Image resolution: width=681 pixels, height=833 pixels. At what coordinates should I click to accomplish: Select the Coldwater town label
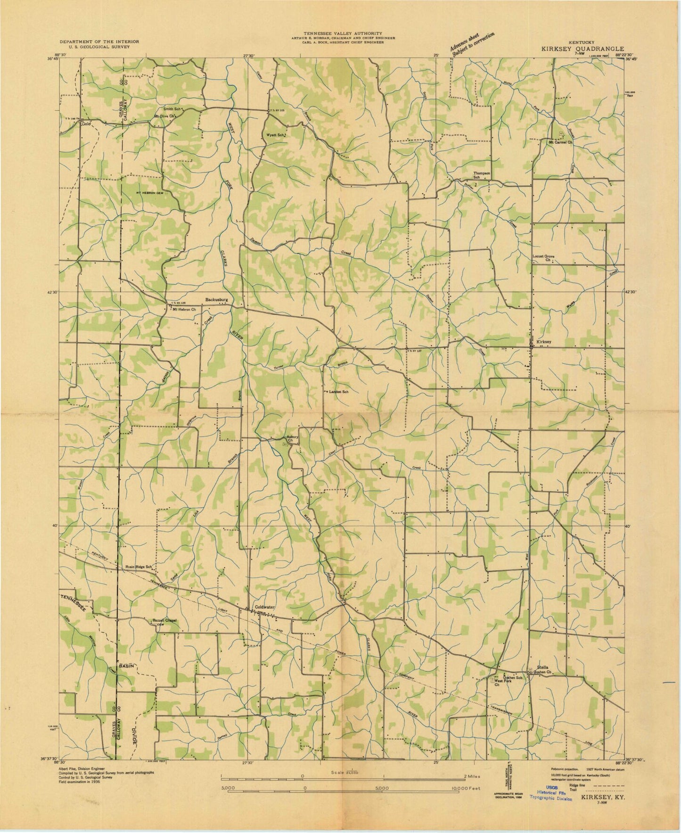pos(264,607)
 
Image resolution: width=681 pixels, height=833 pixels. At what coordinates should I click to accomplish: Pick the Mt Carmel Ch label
pos(560,141)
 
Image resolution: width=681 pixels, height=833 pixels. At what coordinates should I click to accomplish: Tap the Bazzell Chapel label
pos(164,621)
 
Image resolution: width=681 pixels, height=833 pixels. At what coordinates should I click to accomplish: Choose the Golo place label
pos(85,124)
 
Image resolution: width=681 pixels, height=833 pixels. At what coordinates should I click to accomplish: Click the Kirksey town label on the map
pos(543,342)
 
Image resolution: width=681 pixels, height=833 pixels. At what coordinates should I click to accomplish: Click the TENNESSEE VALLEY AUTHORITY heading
pos(343,33)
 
